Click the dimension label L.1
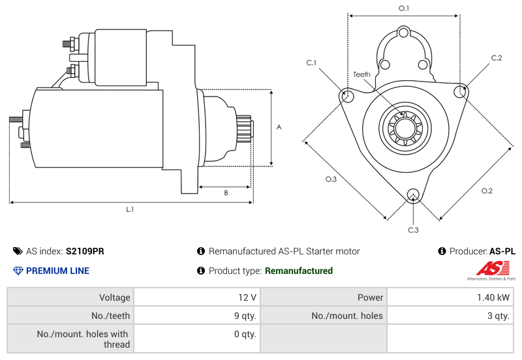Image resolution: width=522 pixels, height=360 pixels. click(130, 209)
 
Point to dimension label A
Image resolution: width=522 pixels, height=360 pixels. click(279, 127)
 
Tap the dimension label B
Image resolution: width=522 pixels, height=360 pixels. click(226, 192)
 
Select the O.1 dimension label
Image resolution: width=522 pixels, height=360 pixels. click(404, 8)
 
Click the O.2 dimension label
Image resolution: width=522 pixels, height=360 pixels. click(487, 190)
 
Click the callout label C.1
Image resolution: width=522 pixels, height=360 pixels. click(311, 63)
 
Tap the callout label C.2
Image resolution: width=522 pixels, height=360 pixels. click(497, 58)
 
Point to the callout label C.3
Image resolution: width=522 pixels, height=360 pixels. click(413, 230)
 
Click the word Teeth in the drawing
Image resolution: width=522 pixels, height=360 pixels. click(362, 74)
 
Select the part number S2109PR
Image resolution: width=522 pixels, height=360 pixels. click(85, 251)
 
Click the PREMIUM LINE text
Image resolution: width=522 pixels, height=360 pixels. click(57, 271)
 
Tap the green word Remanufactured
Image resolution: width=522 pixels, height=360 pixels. click(298, 271)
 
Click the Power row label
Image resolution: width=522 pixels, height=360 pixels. click(370, 297)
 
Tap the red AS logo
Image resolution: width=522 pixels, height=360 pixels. click(488, 267)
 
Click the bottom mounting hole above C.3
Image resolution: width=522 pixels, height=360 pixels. click(412, 195)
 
